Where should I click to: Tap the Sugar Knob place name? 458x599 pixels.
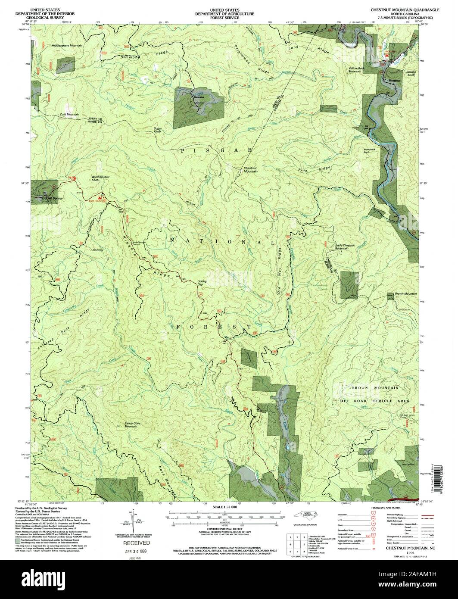point(160,131)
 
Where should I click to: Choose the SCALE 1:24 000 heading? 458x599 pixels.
point(222,508)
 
